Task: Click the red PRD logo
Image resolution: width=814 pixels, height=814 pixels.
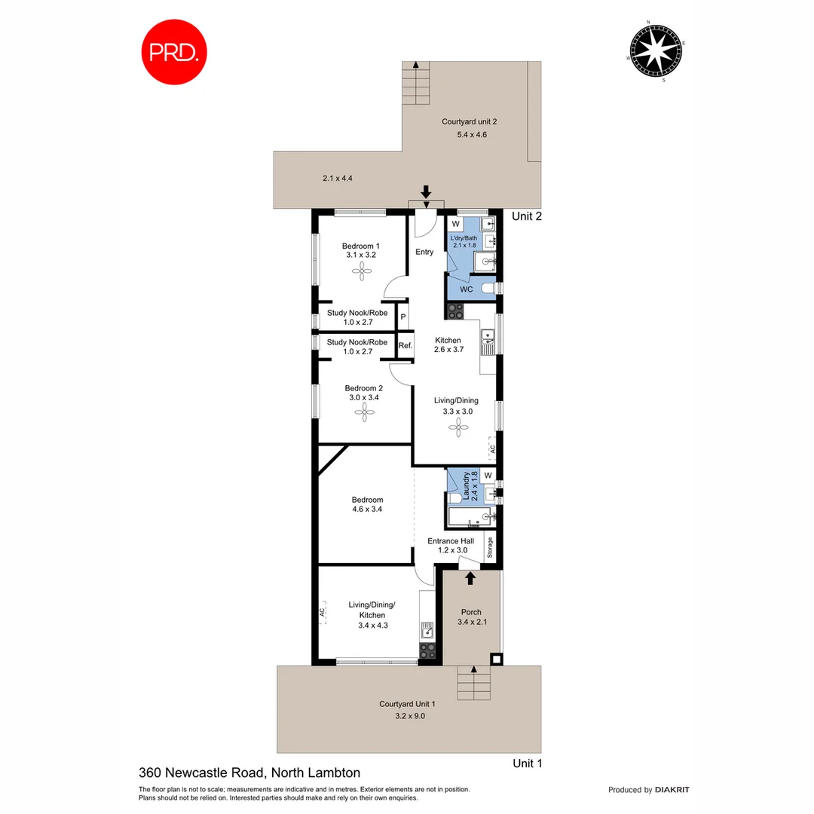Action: [174, 51]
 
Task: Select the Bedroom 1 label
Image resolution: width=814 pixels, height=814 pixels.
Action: [360, 246]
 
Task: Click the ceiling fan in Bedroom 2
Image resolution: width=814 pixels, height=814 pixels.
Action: [363, 412]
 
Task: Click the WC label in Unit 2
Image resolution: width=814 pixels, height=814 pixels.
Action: [466, 289]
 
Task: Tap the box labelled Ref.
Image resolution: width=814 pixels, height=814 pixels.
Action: [405, 346]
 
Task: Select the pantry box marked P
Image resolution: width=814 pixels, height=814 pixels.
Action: [403, 317]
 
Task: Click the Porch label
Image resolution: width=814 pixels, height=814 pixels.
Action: [471, 612]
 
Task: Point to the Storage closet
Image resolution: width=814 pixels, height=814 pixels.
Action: [489, 548]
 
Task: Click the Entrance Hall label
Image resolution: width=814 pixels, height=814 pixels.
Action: [451, 541]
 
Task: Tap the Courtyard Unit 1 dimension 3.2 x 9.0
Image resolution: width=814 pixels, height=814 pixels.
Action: [407, 716]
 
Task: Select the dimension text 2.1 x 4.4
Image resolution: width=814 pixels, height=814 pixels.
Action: [338, 179]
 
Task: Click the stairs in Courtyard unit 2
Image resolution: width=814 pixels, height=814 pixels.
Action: [415, 82]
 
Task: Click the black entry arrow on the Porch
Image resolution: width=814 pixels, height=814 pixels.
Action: [470, 578]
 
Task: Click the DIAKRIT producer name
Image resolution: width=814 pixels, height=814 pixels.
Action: [672, 790]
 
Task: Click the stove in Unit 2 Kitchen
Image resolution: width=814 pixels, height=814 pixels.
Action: [456, 310]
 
